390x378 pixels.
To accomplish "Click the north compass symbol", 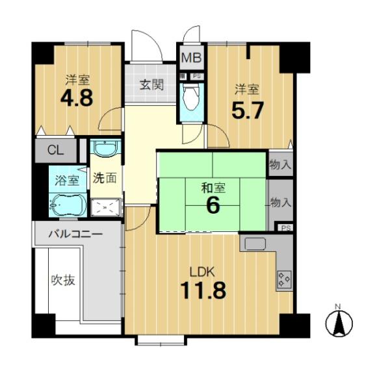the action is pos(339,323).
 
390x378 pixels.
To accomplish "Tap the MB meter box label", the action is pos(191,58).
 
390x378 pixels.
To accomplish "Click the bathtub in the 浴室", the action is pos(68,205).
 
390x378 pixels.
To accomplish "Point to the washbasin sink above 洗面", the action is pos(105,149).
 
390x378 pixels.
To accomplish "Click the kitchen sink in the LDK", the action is pos(255,244).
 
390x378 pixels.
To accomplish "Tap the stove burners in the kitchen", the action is pos(284,279).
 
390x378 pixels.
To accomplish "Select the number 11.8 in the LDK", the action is pos(203,290).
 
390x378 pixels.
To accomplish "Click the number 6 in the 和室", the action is pos(213,206).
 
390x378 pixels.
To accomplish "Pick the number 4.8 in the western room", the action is pos(77,97).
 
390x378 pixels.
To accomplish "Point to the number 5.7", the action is pos(247,110).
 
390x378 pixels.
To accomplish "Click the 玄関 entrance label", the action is pos(151,84).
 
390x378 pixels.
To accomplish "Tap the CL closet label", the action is pos(56,150).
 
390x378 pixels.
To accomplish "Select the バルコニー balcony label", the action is pos(75,234).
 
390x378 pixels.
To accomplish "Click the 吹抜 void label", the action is pos(63,281).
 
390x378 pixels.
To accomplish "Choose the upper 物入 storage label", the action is pos(280,164).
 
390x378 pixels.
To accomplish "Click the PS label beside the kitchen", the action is pos(286,228).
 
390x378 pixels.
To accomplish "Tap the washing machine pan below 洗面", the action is pos(107,207).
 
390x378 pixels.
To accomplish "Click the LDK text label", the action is pos(202,272).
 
